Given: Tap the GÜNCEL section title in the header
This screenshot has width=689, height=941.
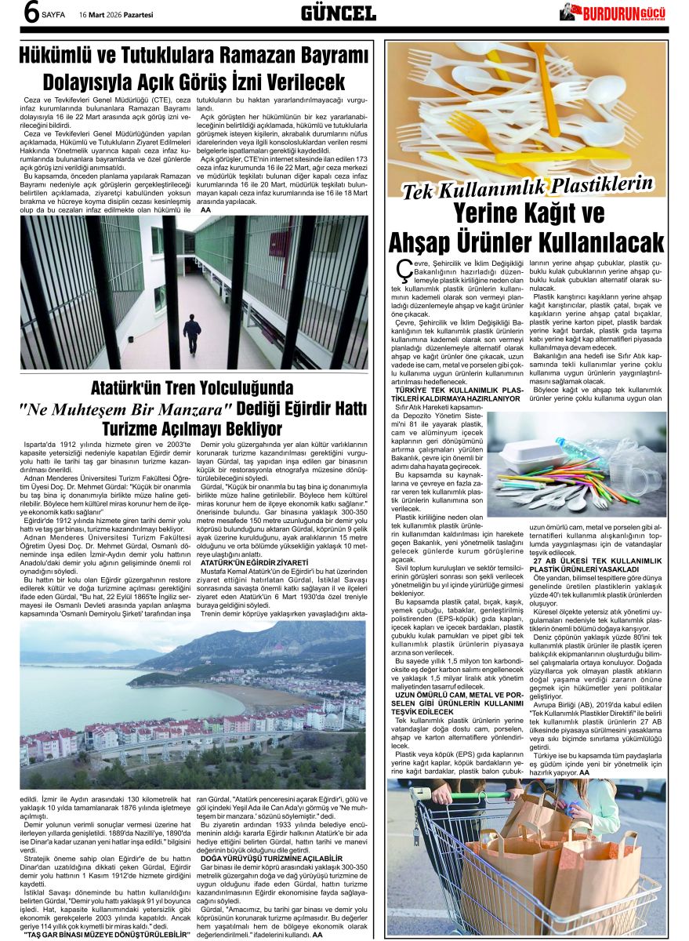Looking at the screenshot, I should [x=339, y=13].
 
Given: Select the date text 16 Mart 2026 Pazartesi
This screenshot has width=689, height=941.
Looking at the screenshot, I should [x=116, y=14].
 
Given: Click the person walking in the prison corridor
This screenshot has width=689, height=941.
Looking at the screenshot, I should [x=192, y=333].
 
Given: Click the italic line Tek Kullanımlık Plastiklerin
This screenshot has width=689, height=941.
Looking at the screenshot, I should [x=527, y=187].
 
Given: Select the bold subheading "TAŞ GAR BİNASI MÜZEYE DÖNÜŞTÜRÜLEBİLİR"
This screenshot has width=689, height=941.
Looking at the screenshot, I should [x=107, y=935].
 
